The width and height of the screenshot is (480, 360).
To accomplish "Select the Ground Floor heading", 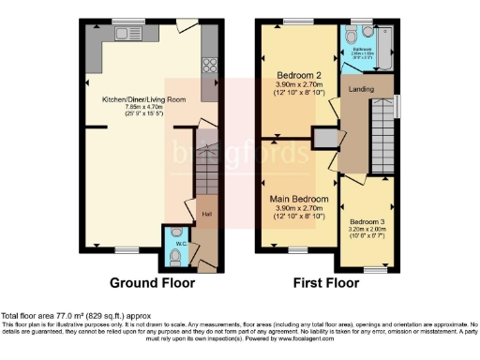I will click(152, 281).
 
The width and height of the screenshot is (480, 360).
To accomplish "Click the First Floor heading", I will click(327, 281).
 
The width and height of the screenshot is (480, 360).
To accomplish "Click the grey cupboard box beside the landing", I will click(325, 139).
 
